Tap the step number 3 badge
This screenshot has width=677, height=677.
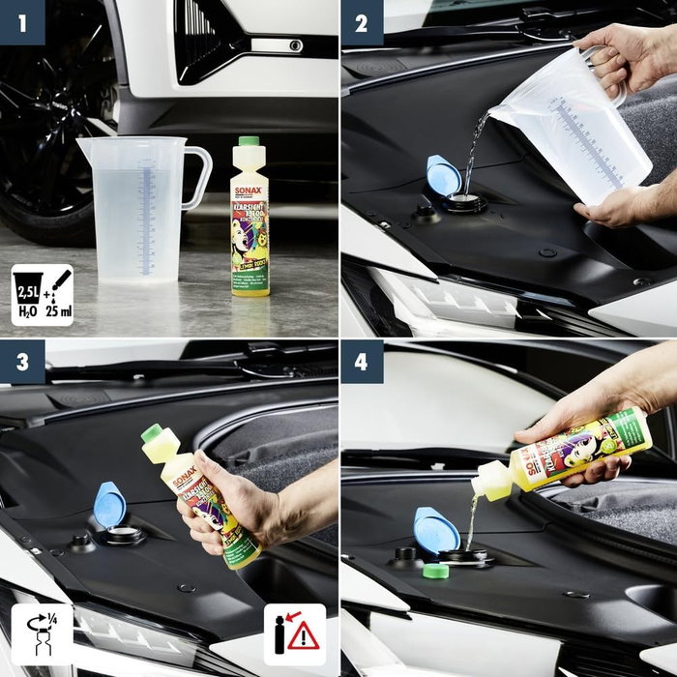22,363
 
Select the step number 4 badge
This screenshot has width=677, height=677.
362,363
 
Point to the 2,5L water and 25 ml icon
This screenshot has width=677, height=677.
42,294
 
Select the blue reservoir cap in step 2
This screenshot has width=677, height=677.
443,177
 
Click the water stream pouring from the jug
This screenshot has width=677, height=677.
473,155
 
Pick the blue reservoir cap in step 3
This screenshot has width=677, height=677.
108,503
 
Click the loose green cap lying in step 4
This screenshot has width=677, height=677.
436,571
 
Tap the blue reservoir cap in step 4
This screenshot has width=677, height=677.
435,529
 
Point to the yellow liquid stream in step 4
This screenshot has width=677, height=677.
471,522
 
